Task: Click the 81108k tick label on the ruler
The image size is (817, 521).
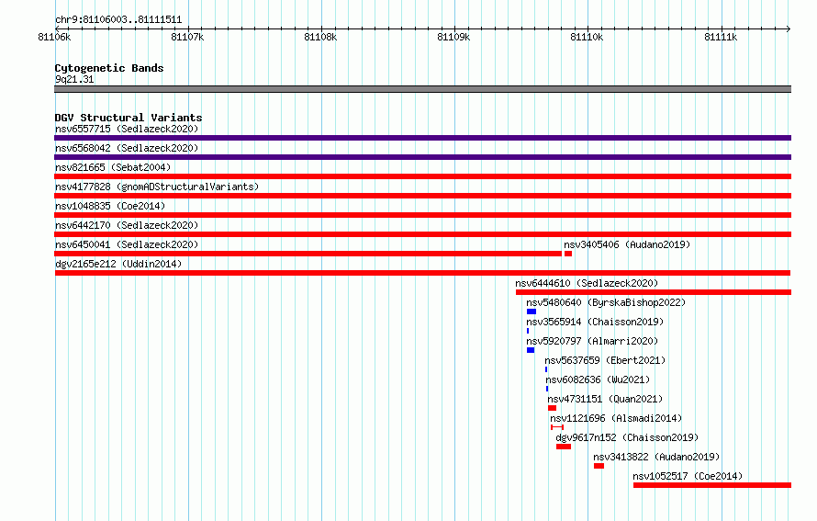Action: pyautogui.click(x=320, y=37)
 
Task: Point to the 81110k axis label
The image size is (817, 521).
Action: pyautogui.click(x=587, y=37)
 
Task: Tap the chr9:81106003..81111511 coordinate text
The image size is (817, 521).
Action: pyautogui.click(x=118, y=20)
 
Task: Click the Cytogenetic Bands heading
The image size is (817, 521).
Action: pyautogui.click(x=109, y=68)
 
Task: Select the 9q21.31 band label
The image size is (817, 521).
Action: pyautogui.click(x=74, y=79)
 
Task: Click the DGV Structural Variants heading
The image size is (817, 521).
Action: pyautogui.click(x=129, y=118)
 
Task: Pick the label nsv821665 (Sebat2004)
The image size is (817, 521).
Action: pyautogui.click(x=113, y=167)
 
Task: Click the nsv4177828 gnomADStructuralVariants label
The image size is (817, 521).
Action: pyautogui.click(x=157, y=187)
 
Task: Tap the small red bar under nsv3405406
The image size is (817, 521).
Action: pyautogui.click(x=568, y=254)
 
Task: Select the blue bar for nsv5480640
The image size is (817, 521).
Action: pyautogui.click(x=532, y=311)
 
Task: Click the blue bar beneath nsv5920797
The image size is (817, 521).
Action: pyautogui.click(x=531, y=350)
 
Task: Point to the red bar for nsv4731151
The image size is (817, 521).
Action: pyautogui.click(x=553, y=408)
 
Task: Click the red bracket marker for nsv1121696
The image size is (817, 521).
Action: pyautogui.click(x=557, y=427)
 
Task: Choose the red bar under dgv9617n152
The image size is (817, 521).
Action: pyautogui.click(x=564, y=447)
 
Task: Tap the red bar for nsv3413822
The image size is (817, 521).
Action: pyautogui.click(x=599, y=466)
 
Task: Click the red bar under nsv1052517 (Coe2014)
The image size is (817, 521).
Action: pyautogui.click(x=712, y=485)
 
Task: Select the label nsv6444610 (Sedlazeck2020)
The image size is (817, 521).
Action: pyautogui.click(x=587, y=283)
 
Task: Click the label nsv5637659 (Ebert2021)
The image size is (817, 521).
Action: pyautogui.click(x=605, y=360)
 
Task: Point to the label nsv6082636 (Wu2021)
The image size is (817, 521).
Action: pyautogui.click(x=598, y=379)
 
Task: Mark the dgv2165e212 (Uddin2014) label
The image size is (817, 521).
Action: pyautogui.click(x=118, y=264)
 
